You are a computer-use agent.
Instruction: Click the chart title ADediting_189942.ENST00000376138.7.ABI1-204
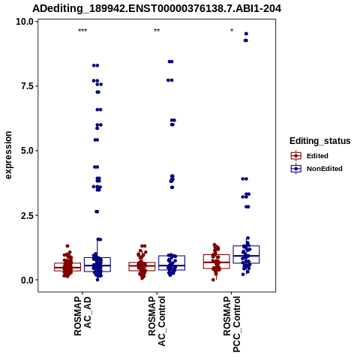click(157, 8)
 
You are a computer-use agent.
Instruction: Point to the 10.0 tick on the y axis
click(25, 22)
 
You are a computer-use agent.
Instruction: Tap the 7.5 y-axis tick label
click(27, 86)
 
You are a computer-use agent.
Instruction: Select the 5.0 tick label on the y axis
click(27, 151)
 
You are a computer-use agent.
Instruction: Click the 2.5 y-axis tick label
click(27, 215)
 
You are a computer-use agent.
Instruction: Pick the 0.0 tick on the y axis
click(27, 280)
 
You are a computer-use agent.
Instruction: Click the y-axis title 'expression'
click(8, 155)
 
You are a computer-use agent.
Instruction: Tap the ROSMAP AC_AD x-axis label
click(82, 316)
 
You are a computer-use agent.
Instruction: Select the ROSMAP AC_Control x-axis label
click(157, 321)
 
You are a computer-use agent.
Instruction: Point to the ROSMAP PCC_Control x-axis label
click(232, 324)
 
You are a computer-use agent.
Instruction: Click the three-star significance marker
click(82, 31)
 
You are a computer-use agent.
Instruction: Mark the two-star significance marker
click(157, 31)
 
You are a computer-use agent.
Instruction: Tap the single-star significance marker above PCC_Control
click(232, 31)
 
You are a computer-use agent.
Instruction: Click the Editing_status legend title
click(320, 141)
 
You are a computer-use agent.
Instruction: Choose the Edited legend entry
click(310, 156)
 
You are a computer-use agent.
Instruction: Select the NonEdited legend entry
click(316, 169)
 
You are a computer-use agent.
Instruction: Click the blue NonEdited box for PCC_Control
click(246, 246)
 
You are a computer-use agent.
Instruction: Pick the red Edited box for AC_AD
click(67, 263)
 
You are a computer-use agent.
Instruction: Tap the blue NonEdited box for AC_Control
click(172, 256)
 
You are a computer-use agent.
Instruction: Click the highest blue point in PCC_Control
click(246, 34)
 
